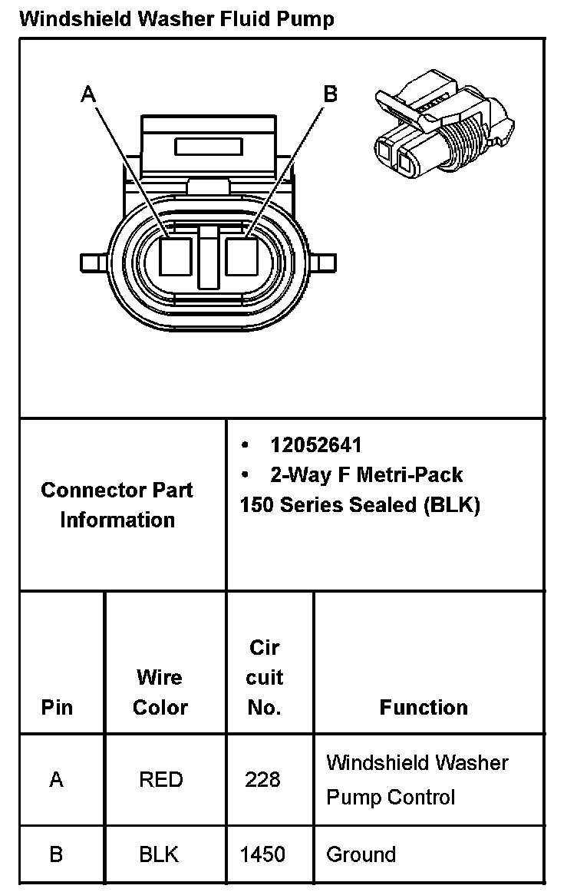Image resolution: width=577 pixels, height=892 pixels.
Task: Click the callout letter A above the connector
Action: coord(89,94)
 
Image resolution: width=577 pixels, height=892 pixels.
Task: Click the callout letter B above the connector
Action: coord(330,94)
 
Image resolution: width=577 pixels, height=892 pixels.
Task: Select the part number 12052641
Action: coord(315,445)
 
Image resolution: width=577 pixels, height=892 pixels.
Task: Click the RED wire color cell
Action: coord(161,780)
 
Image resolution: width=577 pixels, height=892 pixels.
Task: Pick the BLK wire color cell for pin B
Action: coord(160,854)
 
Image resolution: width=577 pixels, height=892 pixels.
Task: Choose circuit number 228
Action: coord(263,780)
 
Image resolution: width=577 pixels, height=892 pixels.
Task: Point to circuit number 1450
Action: coord(263,854)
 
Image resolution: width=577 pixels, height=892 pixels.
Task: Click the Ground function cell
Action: coord(361,854)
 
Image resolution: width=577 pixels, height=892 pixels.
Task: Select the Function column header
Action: coord(424,707)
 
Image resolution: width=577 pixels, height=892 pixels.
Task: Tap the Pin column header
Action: coord(58,707)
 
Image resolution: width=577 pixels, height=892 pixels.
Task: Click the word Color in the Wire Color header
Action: coord(160,707)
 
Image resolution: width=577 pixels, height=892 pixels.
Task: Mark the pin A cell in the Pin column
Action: coord(56,780)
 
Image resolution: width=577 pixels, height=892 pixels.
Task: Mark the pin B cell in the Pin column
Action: coord(56,854)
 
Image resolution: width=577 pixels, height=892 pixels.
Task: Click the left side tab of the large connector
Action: coord(95,263)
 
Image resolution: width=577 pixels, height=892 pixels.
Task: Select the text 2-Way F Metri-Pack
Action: coord(367,475)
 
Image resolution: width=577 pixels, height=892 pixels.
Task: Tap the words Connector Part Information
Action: coord(117,504)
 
